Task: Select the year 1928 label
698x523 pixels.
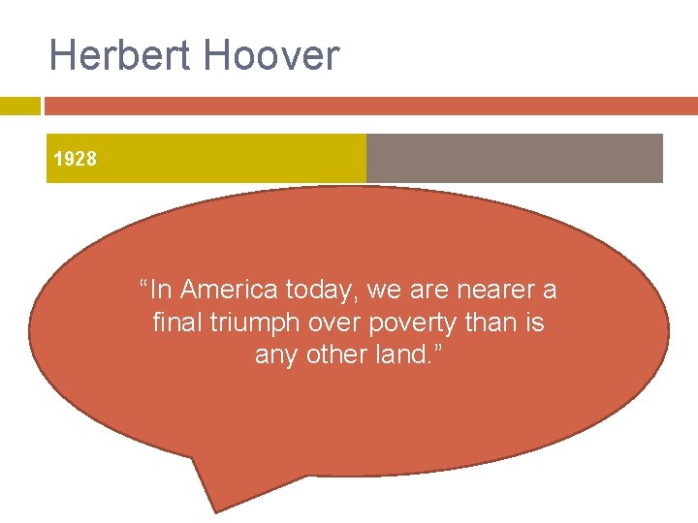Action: click(x=75, y=159)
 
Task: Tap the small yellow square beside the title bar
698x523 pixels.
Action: click(x=19, y=106)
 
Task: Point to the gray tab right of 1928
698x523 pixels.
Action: click(x=514, y=158)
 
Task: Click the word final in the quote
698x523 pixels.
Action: click(x=175, y=322)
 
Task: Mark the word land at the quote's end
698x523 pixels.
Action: click(x=410, y=354)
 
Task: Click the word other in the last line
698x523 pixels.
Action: click(x=339, y=354)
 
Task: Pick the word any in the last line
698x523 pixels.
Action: click(x=277, y=355)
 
